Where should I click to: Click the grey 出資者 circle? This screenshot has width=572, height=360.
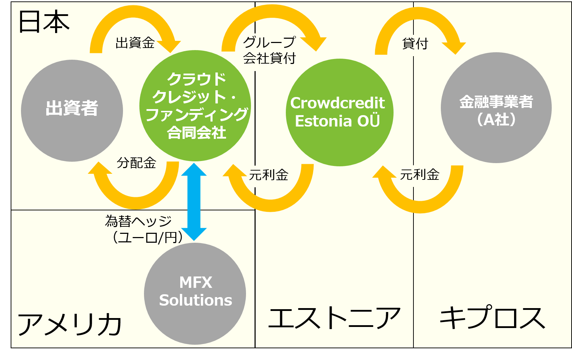72,111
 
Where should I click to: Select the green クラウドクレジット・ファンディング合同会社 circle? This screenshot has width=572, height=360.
195,106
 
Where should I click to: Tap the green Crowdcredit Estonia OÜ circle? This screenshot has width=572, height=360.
340,112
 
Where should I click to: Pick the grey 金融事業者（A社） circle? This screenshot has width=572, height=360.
496,108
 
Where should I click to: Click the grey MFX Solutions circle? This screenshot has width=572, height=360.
195,294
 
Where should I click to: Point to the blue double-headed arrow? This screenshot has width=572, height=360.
194,202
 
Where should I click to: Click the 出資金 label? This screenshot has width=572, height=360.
135,43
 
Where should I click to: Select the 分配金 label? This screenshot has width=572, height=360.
137,163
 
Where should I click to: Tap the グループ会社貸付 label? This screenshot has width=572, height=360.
269,50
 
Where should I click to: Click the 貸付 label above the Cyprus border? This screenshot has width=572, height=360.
415,44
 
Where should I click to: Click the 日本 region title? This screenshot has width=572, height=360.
44,21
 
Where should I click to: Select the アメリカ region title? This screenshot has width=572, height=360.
69,324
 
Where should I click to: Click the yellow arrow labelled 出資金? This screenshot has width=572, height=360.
133,12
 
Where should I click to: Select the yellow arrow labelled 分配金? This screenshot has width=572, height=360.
136,203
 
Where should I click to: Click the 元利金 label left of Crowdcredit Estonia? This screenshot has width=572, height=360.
269,175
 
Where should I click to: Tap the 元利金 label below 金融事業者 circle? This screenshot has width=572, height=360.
419,175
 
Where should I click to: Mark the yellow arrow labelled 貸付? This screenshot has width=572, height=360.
418,13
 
